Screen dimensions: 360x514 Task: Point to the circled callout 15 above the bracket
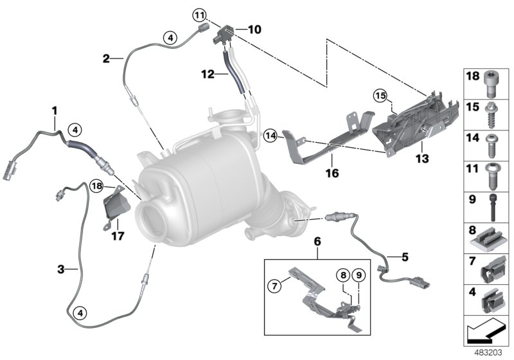[x=380, y=96]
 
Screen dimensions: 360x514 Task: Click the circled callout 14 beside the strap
[x=270, y=136]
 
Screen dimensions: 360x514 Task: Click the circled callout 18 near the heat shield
[x=97, y=186]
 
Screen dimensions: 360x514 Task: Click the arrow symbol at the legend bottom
[x=486, y=333]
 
